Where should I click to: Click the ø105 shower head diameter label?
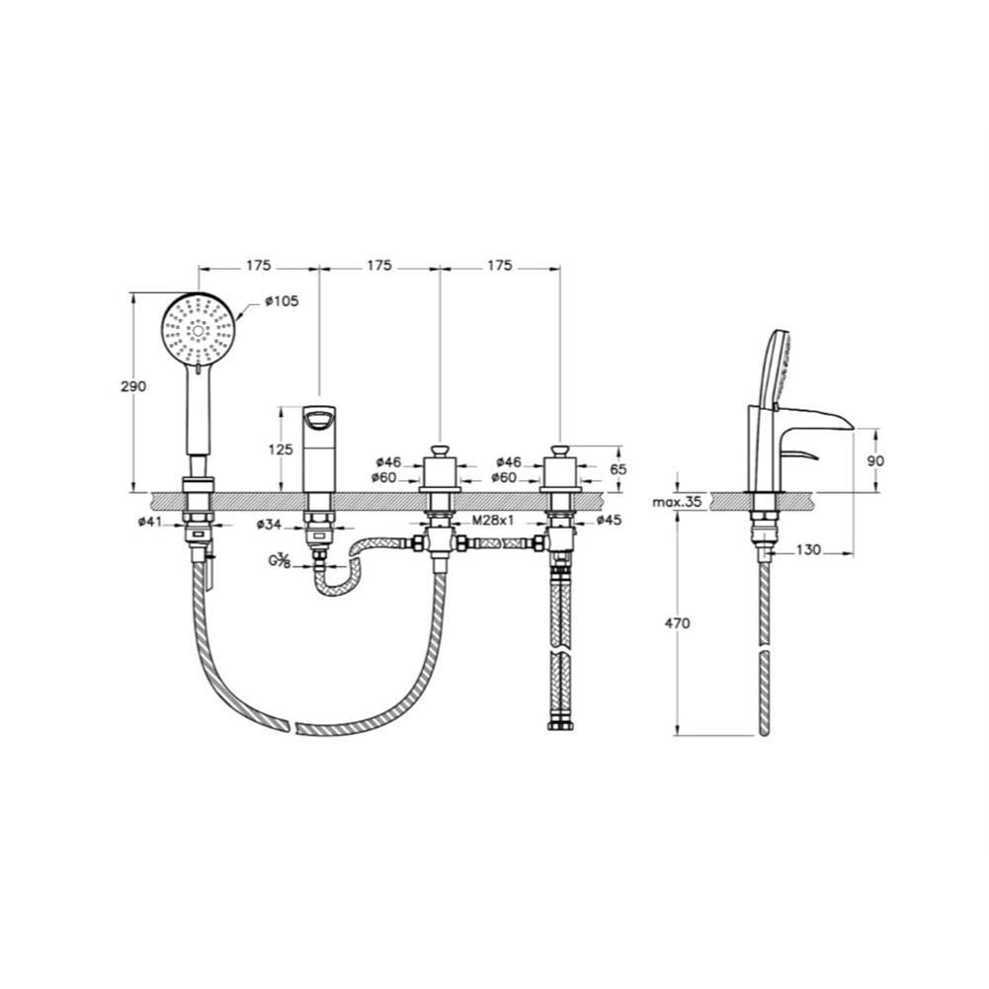click(282, 301)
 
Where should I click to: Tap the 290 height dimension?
click(133, 386)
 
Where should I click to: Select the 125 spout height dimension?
click(281, 450)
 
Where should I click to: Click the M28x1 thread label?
click(494, 521)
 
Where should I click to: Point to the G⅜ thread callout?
click(280, 560)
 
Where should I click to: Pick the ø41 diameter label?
click(151, 522)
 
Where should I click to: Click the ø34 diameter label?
click(270, 525)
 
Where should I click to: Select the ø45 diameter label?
click(609, 520)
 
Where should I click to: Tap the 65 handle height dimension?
click(618, 469)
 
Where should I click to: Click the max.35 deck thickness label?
click(677, 502)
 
